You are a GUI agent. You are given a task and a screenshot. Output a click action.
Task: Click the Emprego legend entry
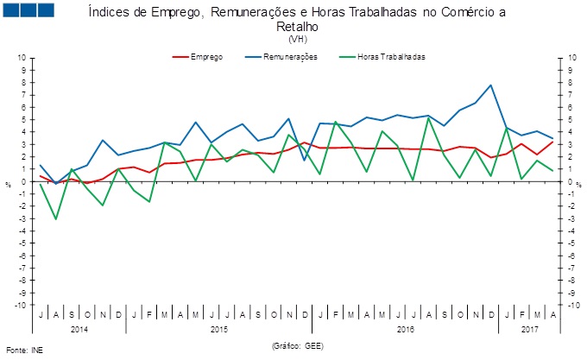[205, 57]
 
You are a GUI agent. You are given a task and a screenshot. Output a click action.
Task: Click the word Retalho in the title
[298, 27]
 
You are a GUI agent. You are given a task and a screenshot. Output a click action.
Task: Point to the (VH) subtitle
[298, 40]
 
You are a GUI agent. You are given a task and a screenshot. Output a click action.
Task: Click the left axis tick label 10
[22, 59]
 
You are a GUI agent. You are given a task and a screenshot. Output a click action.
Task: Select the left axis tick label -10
[20, 305]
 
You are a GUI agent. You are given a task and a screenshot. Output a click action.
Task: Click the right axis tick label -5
[567, 243]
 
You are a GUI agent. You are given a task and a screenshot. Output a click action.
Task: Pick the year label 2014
[79, 329]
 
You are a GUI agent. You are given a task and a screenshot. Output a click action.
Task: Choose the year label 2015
[218, 329]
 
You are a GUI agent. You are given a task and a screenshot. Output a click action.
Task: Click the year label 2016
[406, 329]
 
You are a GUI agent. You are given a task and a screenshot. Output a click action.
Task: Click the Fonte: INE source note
[23, 351]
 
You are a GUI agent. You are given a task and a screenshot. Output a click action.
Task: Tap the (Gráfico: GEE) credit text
[298, 344]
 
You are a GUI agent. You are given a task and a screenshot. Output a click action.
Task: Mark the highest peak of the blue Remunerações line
[490, 85]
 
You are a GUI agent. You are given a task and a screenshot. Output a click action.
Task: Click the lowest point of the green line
[56, 218]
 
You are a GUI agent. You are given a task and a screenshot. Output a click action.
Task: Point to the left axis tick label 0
[23, 181]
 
